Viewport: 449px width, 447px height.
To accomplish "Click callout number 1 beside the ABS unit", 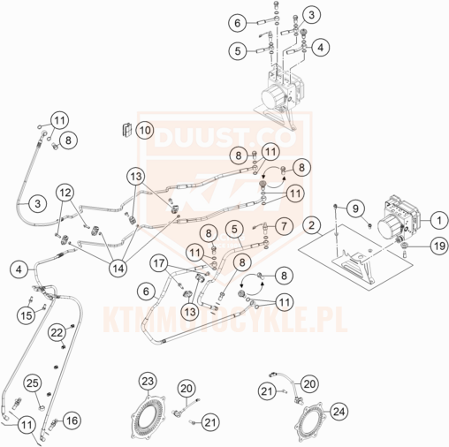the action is [x=439, y=220].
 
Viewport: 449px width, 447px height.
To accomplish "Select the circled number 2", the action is [x=312, y=225].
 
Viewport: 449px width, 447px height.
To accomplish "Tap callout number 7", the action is [x=284, y=226].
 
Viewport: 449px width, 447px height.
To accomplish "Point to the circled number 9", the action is [x=355, y=208].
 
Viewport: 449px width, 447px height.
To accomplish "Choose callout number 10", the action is [x=144, y=130].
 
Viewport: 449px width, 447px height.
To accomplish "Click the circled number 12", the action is [x=65, y=193].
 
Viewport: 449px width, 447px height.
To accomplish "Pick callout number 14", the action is [x=118, y=268].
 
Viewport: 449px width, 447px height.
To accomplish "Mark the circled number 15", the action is [x=27, y=315].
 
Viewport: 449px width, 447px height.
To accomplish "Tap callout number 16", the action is [x=72, y=420].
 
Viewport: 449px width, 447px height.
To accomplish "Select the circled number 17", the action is [x=159, y=263].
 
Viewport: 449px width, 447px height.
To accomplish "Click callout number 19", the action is [x=439, y=246].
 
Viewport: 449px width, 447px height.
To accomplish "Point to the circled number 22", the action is [x=57, y=332].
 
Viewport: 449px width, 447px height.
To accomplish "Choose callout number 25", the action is [x=33, y=383].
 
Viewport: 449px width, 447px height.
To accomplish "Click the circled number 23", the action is [x=148, y=381].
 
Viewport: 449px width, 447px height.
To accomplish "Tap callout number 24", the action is [x=339, y=412].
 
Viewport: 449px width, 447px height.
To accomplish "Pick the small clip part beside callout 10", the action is [x=126, y=130].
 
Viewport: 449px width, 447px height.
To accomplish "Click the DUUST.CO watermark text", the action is [x=224, y=138].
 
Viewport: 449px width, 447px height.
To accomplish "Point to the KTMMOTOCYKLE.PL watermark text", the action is [x=225, y=320].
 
